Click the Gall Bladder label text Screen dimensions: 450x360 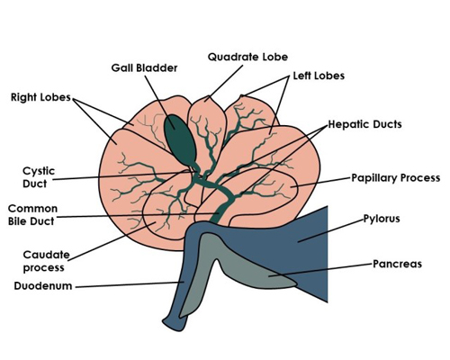coord(144,68)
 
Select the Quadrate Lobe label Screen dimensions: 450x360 coord(247,57)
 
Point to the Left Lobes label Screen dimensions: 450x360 coord(319,76)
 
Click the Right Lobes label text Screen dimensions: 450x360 coord(40,97)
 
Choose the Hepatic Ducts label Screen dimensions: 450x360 coord(364,124)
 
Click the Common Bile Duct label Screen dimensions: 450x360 coord(32,215)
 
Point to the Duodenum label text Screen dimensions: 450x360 coord(43,286)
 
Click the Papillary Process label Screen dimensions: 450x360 coord(396,178)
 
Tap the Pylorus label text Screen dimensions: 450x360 coord(382,219)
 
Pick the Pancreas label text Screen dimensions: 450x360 coord(397,264)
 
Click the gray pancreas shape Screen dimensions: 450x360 coord(240,264)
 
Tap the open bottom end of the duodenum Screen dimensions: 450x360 coord(174,326)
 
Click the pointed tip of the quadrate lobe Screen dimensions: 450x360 coord(208,96)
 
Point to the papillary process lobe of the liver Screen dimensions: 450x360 coord(270,192)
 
